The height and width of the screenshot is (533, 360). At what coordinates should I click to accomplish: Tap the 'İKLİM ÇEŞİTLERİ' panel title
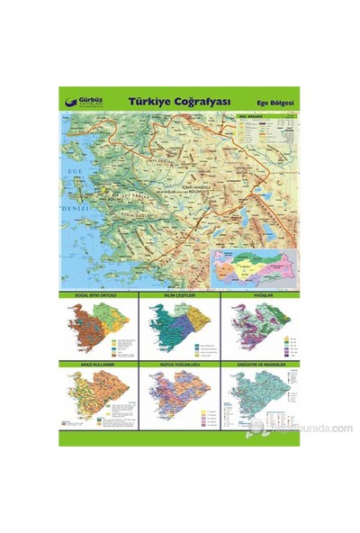click(180, 294)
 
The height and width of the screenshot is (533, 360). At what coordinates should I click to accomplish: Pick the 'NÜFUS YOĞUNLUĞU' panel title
click(180, 365)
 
